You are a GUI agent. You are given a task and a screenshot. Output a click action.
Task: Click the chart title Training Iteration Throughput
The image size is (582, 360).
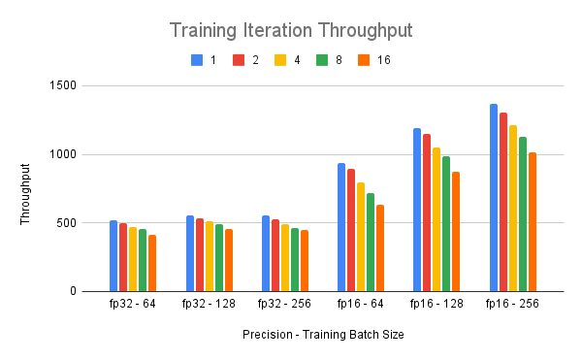coord(291,30)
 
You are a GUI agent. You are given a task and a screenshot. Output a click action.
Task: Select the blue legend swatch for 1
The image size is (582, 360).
coord(197,60)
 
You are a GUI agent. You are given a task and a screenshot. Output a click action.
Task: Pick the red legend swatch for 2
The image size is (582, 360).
coord(239,60)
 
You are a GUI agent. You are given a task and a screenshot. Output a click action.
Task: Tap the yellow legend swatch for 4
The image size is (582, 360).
coord(280,60)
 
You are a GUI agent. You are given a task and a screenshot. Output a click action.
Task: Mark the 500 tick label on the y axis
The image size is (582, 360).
coord(66,223)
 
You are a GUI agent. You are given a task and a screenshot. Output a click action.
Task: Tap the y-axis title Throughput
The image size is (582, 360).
coord(26,200)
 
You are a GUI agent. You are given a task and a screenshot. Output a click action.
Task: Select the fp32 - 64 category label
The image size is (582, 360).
coord(133,304)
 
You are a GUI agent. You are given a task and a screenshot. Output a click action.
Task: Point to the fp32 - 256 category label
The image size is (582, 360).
coord(285,304)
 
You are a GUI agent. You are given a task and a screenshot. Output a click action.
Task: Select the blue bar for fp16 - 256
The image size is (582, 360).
coord(494,198)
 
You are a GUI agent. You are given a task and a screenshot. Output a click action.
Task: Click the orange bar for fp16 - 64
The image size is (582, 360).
coord(380,248)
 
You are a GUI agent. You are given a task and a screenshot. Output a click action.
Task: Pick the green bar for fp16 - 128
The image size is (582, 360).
coord(446,224)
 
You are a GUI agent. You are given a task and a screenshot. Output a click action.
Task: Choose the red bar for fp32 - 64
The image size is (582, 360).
coord(123,257)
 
